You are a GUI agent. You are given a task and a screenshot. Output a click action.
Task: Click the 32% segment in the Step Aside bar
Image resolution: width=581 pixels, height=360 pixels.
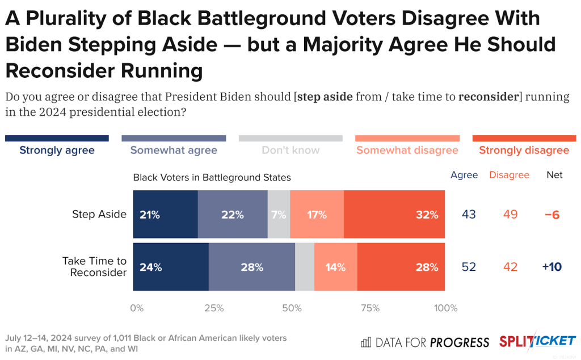pos(394,215)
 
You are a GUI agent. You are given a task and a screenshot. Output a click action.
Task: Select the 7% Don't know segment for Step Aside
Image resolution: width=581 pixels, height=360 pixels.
pos(279,215)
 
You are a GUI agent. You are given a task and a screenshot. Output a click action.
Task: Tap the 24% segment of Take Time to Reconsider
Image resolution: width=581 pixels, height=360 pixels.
pos(171,267)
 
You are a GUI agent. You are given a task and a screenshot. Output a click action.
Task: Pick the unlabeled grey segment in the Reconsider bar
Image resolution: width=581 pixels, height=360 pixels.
pos(305,267)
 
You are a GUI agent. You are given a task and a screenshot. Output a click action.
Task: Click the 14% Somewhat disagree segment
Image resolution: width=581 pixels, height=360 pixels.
pos(335,267)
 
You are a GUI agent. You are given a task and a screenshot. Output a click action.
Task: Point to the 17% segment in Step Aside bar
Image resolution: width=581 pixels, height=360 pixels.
pos(317,215)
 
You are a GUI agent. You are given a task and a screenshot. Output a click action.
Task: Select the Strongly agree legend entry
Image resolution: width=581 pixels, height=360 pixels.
pos(57,150)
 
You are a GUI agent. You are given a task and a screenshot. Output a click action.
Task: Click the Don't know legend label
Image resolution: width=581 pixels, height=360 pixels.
pos(290,150)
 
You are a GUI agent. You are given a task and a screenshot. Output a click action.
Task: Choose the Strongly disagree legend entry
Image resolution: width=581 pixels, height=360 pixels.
pos(524,150)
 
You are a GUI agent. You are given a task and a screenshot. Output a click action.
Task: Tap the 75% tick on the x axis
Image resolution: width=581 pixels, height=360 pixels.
pos(370,308)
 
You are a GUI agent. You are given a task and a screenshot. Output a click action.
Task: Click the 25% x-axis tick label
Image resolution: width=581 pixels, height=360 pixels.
pos(213,308)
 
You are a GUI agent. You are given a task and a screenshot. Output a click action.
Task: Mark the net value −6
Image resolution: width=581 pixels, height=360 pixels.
pos(552,215)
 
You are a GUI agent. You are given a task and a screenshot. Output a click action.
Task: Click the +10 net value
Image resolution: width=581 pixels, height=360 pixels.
pos(551,267)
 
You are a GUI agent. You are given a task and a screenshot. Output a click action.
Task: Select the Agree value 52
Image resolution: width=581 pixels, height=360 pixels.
pos(469,267)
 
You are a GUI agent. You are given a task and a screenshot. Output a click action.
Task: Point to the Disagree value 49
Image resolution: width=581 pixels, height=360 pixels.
pos(510,215)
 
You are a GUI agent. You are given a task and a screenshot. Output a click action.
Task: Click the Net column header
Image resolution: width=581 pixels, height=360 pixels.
pos(554,175)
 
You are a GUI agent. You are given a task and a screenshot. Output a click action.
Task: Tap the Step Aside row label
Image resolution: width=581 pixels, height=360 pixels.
pos(99,214)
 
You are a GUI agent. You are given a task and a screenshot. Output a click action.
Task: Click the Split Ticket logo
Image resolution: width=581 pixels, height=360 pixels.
pos(537,341)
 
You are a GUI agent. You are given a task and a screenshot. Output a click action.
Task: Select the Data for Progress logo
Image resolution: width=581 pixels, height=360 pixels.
pos(425,342)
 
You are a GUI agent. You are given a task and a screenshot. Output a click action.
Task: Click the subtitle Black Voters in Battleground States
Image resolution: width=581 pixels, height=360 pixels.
pos(212,177)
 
